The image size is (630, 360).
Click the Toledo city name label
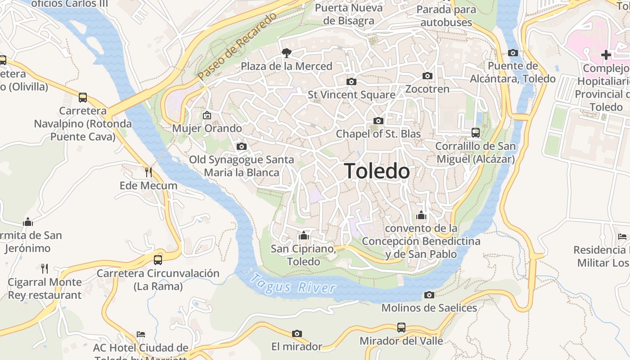click(377, 171)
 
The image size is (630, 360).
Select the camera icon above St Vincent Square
click(351, 81)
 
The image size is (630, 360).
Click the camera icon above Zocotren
click(427, 76)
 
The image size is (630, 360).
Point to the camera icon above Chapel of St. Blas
click(378, 121)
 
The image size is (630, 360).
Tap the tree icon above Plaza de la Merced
click(286, 53)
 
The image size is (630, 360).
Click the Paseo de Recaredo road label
click(238, 46)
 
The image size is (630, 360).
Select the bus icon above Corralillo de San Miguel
click(476, 133)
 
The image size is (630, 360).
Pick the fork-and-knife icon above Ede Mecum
click(148, 172)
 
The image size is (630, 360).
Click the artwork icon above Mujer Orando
click(207, 115)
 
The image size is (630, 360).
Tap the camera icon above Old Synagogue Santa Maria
click(242, 146)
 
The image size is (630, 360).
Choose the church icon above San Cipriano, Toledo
click(304, 235)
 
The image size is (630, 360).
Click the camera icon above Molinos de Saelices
click(429, 295)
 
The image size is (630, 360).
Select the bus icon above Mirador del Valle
click(401, 328)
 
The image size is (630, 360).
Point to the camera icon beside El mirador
click(297, 333)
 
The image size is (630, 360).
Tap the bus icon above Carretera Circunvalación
click(158, 260)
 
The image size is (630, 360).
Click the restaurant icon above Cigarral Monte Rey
click(45, 269)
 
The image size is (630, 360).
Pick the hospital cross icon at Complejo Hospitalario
click(606, 55)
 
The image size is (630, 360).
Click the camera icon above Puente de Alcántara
click(513, 53)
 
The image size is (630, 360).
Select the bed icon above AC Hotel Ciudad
click(141, 334)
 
